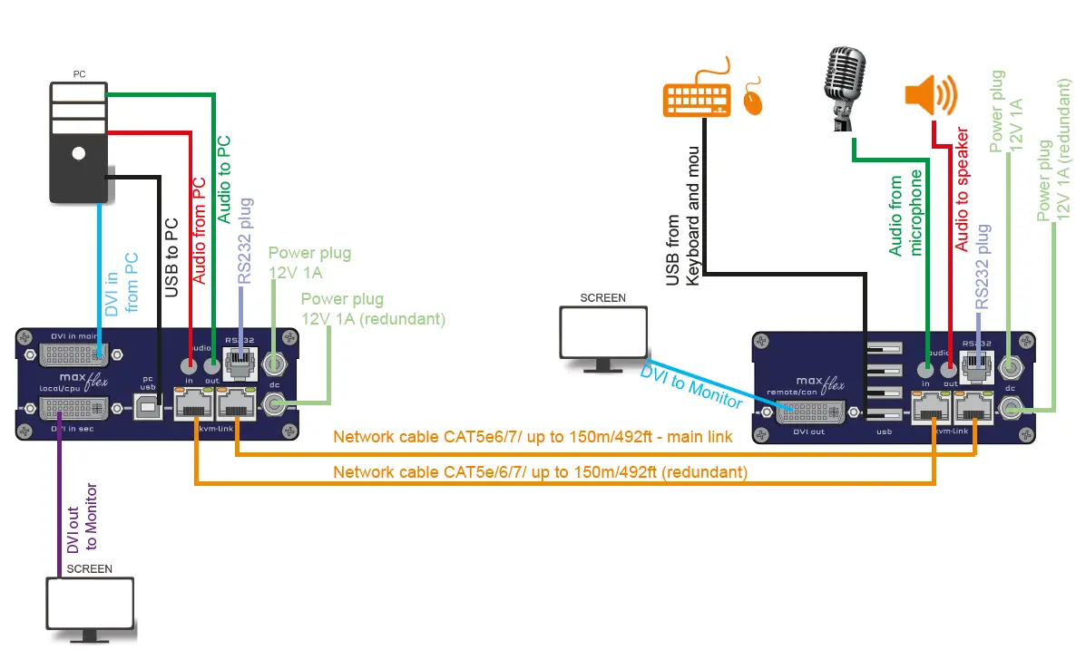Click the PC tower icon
[79, 141]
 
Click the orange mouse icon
[753, 100]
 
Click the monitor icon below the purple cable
[91, 608]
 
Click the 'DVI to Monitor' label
[690, 385]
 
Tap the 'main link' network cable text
[532, 437]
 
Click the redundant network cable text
[540, 472]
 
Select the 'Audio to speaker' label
[962, 189]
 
